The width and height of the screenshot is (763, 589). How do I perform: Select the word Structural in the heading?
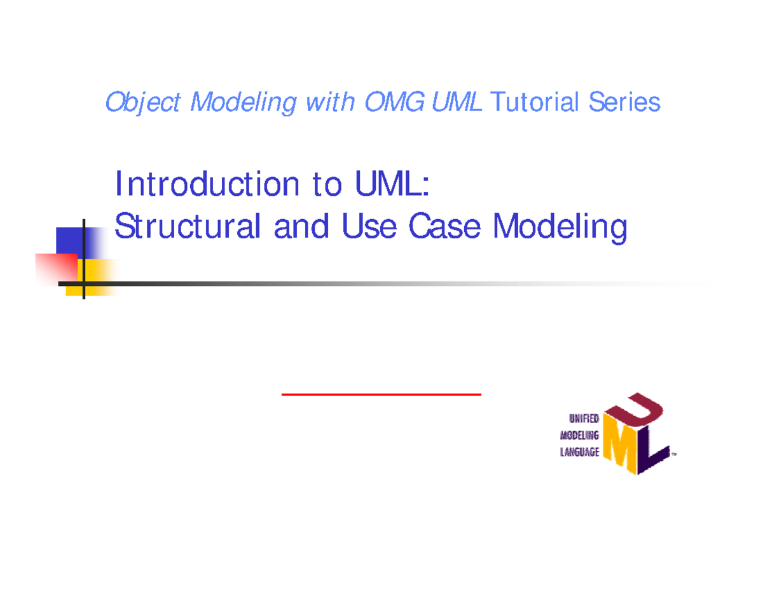tap(188, 227)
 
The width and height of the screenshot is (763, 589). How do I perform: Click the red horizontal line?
tap(381, 395)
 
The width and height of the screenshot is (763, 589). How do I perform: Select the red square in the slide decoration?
tap(56, 268)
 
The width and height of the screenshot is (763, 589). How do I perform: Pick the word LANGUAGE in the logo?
tap(579, 453)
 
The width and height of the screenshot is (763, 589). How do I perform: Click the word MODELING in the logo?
tap(579, 436)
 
